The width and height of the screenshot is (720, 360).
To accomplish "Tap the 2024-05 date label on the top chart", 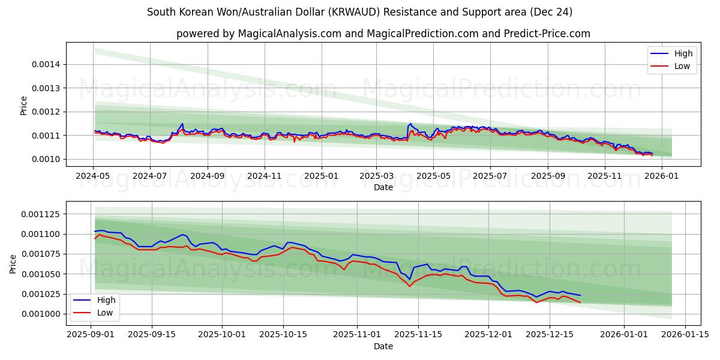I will point(93,176).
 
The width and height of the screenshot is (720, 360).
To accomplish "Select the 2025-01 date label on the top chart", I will point(321,176).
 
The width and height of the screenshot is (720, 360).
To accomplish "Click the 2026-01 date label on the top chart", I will point(662,176).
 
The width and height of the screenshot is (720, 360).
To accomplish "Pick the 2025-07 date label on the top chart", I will point(490,176).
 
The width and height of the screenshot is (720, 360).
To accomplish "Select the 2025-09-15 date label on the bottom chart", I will point(151,335).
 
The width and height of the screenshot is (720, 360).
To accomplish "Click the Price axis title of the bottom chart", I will point(13,263).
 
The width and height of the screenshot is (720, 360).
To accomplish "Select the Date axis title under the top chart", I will point(383,187).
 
